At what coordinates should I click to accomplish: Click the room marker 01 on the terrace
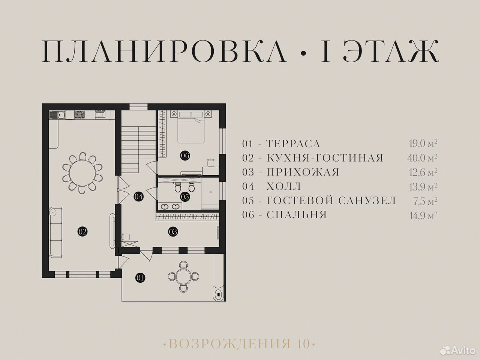(140, 278)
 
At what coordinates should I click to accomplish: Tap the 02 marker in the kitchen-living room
(82, 231)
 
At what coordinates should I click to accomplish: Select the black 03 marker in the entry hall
(173, 232)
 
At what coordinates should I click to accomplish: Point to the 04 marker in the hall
(139, 196)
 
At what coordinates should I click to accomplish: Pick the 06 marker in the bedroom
(185, 156)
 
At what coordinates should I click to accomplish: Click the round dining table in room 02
(82, 173)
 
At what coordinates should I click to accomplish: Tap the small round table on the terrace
(183, 277)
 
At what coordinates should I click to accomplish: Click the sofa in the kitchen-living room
(56, 232)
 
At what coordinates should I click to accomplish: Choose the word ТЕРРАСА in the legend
(293, 144)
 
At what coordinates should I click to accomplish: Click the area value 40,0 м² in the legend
(422, 157)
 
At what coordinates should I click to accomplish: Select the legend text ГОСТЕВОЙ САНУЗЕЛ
(331, 200)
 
